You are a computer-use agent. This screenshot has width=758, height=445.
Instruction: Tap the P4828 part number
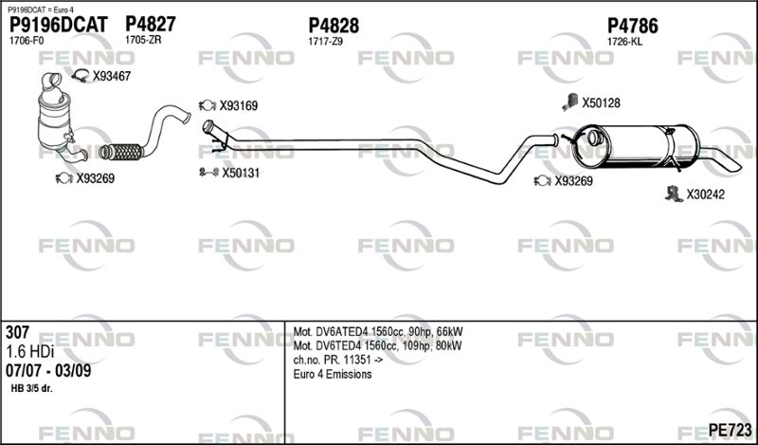334,25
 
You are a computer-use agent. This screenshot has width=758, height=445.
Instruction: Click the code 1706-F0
26,41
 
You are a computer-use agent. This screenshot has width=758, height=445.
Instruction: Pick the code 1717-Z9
325,41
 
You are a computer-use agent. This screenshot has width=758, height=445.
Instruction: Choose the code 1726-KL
624,41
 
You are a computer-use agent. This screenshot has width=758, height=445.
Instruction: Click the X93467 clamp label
111,76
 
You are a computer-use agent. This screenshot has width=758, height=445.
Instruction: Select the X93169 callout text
239,105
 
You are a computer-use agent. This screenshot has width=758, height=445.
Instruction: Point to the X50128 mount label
601,102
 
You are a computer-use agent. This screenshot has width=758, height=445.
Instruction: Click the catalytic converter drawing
57,119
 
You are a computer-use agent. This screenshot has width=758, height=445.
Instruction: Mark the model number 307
17,333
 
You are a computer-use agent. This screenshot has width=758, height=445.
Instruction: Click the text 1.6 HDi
28,352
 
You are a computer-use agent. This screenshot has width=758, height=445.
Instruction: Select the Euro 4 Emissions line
332,375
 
